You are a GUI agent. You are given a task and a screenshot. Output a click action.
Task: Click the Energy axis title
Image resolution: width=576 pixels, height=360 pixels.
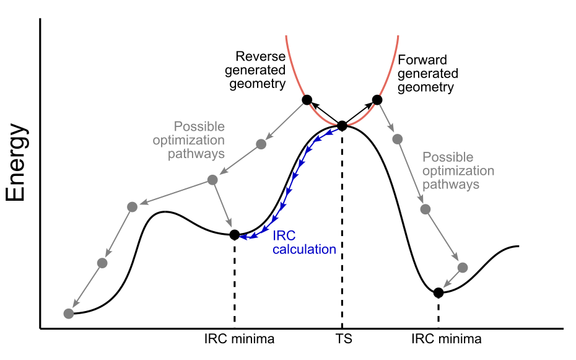pos(17,163)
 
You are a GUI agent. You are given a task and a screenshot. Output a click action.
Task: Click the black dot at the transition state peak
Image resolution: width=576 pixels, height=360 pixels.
pos(342,126)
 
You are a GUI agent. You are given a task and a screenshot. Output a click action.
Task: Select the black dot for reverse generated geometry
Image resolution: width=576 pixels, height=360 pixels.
pos(306,99)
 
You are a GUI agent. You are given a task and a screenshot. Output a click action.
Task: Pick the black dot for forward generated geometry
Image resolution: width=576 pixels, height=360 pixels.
pos(377,99)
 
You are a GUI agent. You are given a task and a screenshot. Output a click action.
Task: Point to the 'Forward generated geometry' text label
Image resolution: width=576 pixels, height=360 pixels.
pos(427,74)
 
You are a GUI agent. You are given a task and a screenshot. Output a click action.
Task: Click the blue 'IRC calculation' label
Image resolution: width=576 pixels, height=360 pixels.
pos(304,243)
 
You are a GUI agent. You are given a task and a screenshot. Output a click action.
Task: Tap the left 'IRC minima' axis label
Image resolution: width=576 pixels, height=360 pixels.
pos(238,340)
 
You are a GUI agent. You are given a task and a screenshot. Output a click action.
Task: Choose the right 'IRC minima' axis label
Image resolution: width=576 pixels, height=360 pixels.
pos(446,340)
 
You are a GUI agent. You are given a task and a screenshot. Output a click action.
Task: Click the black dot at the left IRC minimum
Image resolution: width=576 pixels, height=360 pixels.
pos(234,234)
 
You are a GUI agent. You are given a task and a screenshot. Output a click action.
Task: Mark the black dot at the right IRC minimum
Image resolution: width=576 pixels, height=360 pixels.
pos(439,292)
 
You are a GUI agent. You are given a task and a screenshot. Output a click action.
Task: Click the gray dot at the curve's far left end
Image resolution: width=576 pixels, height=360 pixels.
pos(69,314)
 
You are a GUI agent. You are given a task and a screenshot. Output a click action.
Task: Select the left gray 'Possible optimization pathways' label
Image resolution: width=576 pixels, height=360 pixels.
pos(188,139)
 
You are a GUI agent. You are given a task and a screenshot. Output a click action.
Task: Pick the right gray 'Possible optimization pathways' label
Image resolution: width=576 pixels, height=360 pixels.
pos(458,171)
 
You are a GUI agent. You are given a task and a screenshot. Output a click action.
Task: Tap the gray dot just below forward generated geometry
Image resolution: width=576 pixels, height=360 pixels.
pos(397,139)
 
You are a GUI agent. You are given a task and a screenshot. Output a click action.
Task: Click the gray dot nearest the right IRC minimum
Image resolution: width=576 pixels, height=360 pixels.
pos(462,268)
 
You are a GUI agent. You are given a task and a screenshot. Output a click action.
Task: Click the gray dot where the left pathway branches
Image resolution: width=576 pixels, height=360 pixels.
pos(212,180)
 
